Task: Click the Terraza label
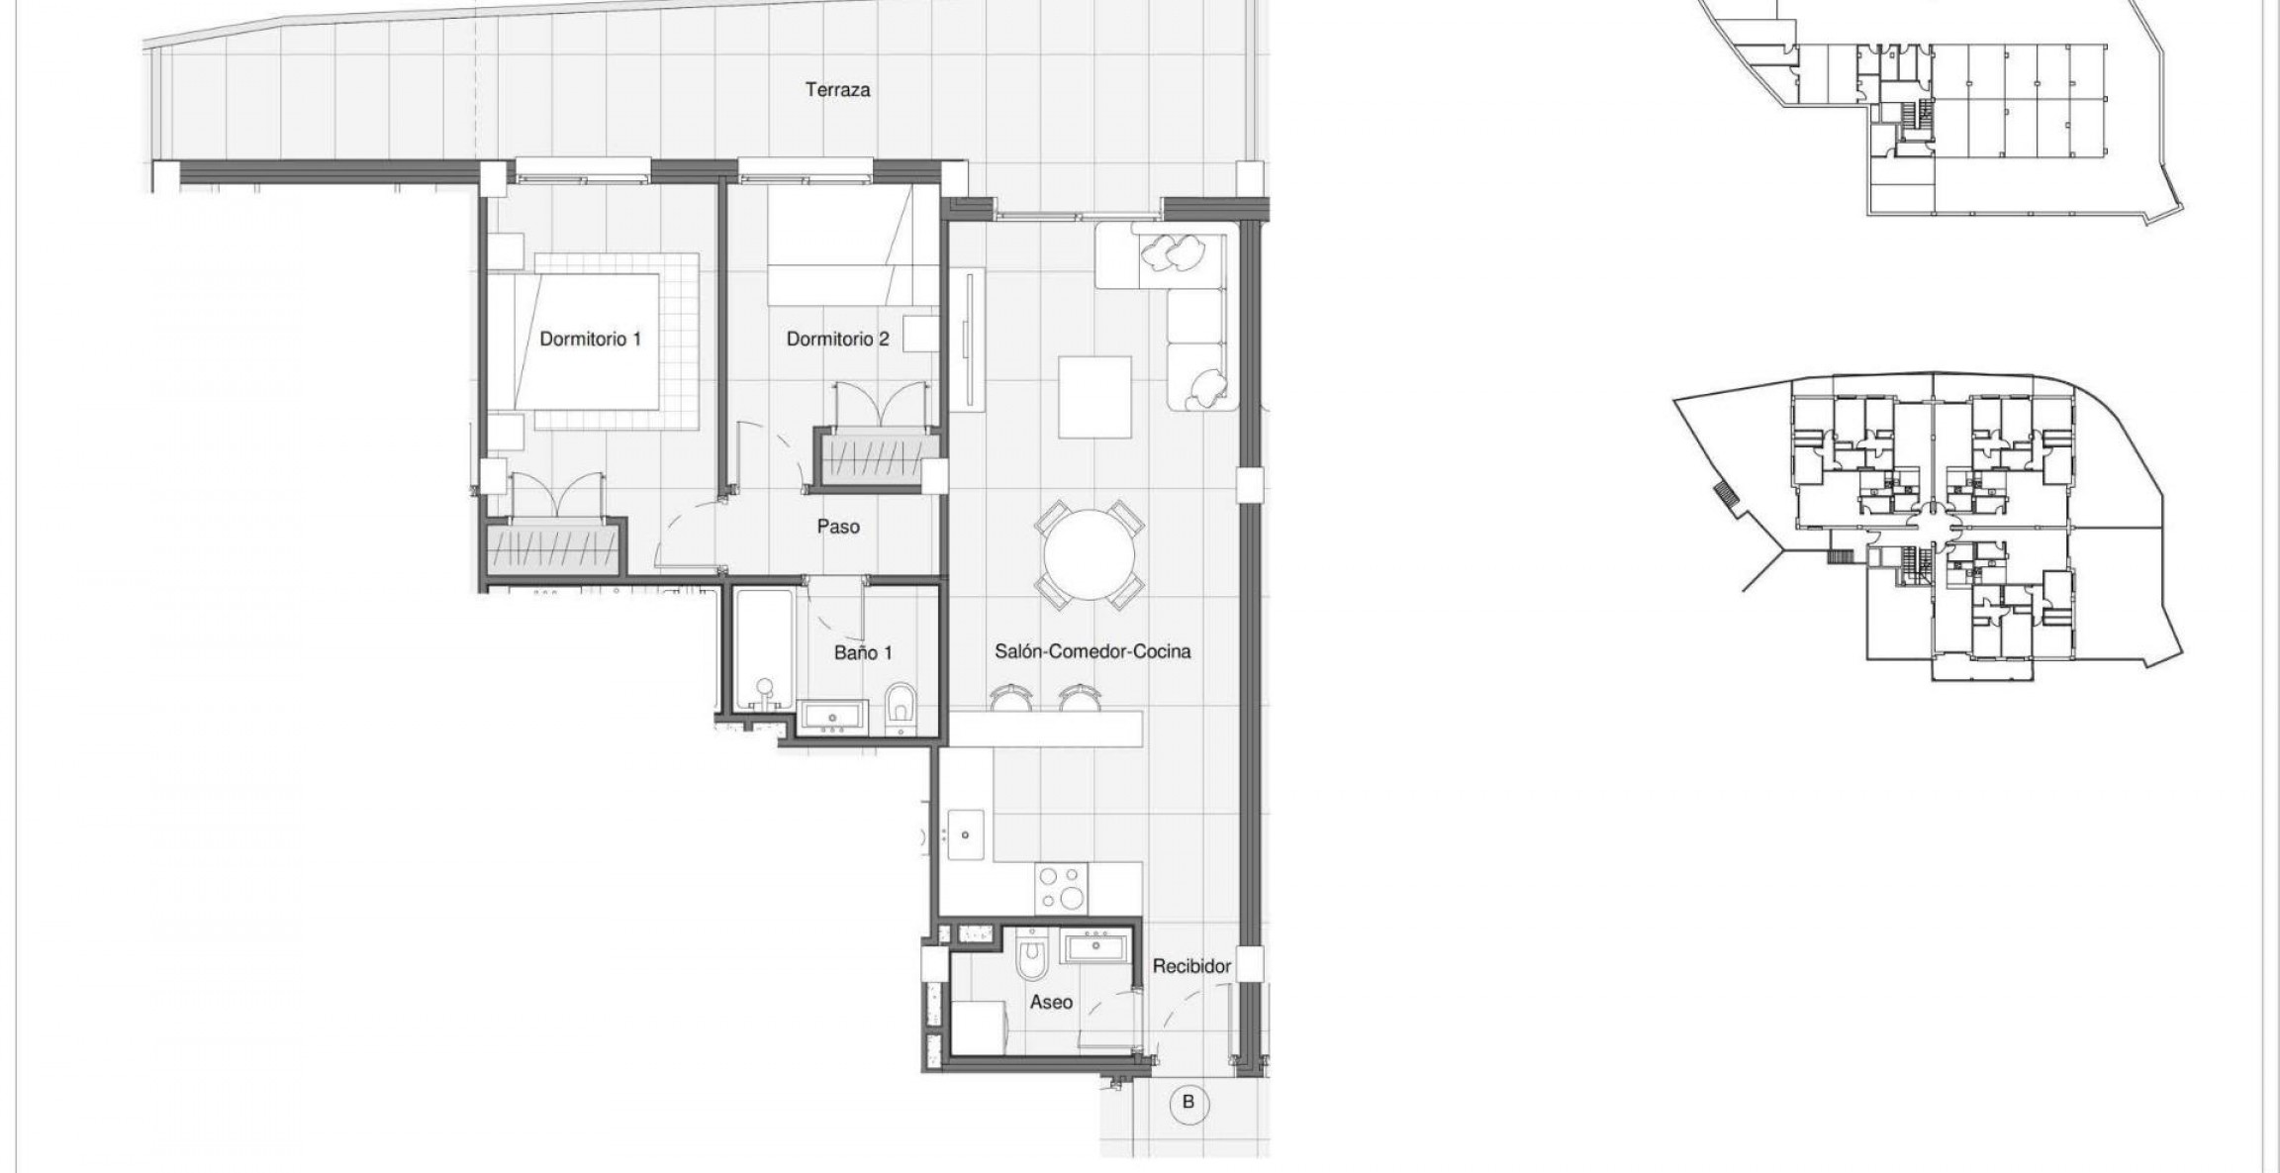[837, 90]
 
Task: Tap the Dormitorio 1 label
[590, 340]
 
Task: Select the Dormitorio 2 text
[837, 340]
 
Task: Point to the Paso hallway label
[837, 527]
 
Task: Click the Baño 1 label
[863, 653]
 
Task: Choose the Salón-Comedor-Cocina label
[1092, 651]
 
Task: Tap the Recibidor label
[1191, 966]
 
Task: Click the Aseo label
[1051, 1002]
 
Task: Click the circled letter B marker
[1188, 1102]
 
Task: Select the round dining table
[1090, 555]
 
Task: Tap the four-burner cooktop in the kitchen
[1061, 888]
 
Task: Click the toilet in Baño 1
[902, 705]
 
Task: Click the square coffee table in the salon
[1094, 396]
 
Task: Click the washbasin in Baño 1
[831, 716]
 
